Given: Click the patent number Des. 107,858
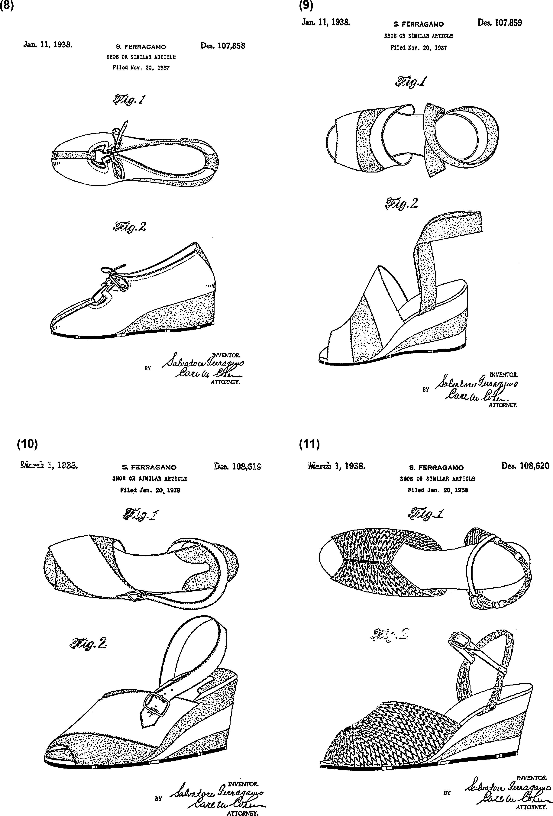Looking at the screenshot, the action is (223, 46).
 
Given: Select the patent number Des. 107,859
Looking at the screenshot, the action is (500, 23).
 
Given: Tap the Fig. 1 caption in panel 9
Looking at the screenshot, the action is (412, 82).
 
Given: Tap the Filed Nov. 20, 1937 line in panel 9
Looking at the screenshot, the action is (419, 48).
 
